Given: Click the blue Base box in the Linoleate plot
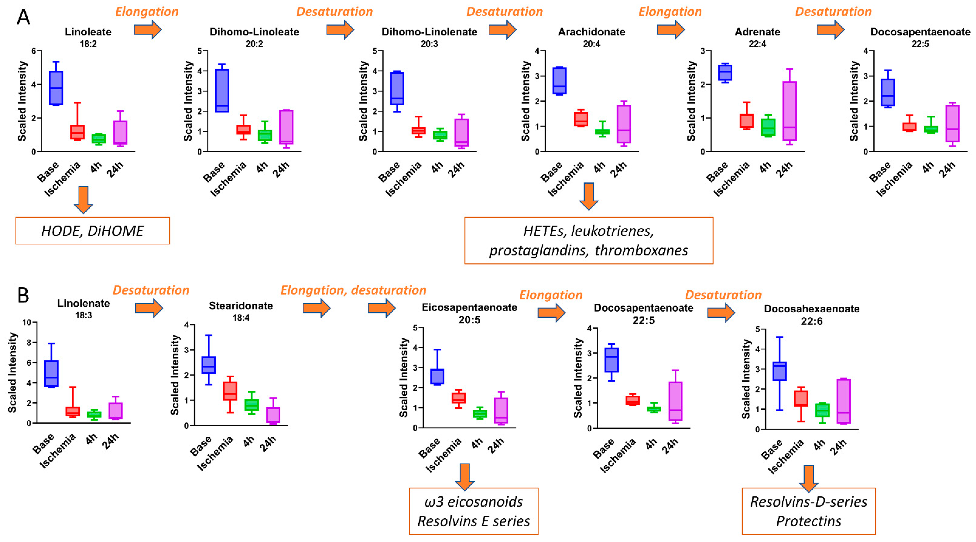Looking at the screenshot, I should click(x=56, y=88).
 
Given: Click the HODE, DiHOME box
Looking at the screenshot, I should click(x=92, y=231).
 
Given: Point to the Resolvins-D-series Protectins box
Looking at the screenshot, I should click(x=809, y=511).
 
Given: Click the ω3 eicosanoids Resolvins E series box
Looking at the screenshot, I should click(x=474, y=511).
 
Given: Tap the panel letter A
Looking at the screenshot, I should click(x=23, y=17).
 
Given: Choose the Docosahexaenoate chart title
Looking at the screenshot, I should click(x=812, y=309).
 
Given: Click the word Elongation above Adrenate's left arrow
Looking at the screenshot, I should click(x=670, y=12).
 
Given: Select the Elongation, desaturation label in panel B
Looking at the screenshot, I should click(x=353, y=290).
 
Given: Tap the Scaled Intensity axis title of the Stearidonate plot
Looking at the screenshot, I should click(x=175, y=375).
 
